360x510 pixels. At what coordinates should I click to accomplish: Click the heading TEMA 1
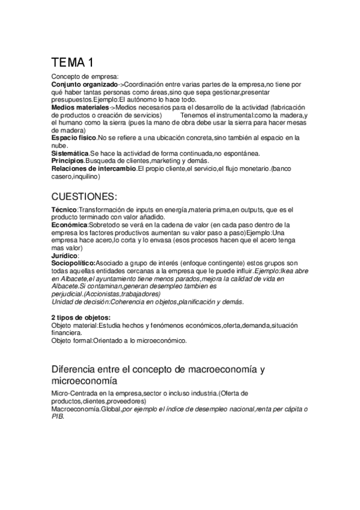(72, 62)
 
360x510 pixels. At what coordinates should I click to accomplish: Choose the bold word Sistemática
(70, 154)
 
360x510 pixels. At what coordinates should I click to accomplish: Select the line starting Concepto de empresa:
(85, 76)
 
